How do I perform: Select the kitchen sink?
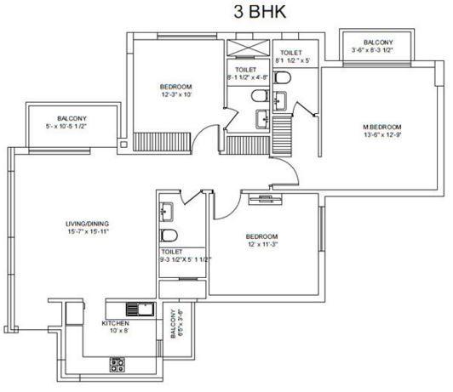pyautogui.click(x=135, y=310)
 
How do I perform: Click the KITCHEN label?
pyautogui.click(x=115, y=324)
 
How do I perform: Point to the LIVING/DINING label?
pyautogui.click(x=88, y=224)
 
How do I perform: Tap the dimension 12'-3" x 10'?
pyautogui.click(x=176, y=95)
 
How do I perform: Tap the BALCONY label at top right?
pyautogui.click(x=377, y=43)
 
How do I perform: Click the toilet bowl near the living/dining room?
pyautogui.click(x=169, y=236)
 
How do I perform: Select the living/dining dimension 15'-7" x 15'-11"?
pyautogui.click(x=88, y=233)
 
